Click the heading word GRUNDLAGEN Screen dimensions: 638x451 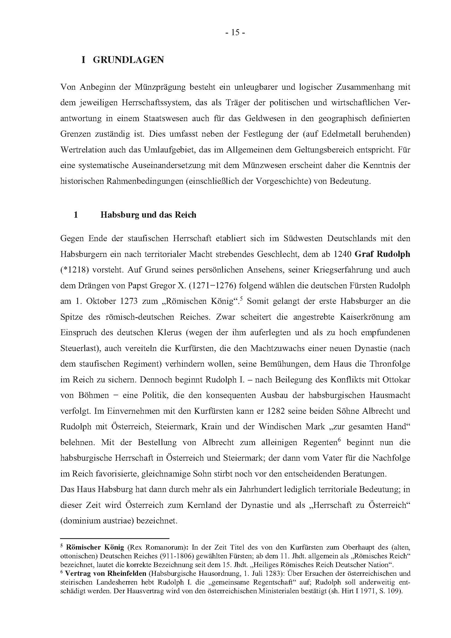[x=128, y=60]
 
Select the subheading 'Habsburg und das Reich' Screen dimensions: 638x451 [x=148, y=215]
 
